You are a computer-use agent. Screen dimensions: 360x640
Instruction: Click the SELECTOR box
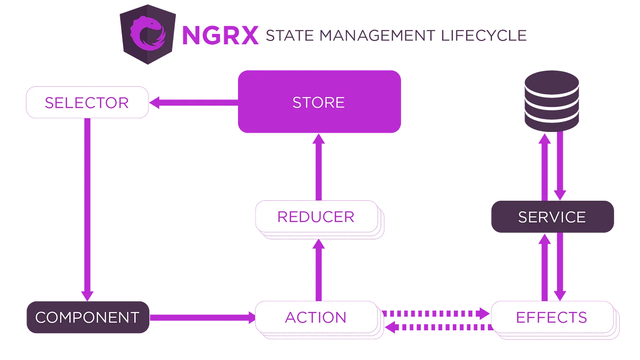pos(87,102)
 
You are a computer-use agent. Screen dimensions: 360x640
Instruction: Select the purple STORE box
pos(319,102)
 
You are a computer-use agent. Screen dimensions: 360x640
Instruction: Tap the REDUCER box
pos(316,217)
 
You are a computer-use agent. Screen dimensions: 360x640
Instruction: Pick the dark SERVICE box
pos(552,217)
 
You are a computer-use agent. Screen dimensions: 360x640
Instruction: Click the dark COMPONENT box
pos(87,317)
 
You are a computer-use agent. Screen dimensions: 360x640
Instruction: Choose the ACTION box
pos(316,317)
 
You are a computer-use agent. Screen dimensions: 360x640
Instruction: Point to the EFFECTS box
pos(552,317)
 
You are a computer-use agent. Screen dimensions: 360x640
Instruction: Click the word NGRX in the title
pos(220,36)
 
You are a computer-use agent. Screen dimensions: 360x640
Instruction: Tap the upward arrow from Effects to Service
pos(544,266)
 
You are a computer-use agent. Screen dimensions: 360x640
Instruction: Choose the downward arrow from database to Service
pos(560,165)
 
